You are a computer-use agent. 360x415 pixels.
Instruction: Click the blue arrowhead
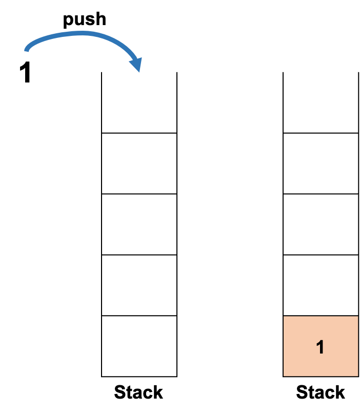coord(136,64)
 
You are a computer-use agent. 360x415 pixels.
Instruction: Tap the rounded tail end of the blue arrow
coord(27,50)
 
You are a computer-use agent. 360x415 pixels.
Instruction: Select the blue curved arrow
coord(82,34)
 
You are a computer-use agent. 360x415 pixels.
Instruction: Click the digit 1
coord(321,347)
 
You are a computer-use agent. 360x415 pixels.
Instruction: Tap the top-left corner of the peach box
coord(284,317)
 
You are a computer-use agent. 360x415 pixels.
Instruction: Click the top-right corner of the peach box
coord(357,317)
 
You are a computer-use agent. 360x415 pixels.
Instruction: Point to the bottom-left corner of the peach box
coord(284,376)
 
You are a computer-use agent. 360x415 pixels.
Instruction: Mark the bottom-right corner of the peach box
coord(357,376)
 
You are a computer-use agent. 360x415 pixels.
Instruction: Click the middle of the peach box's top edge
coord(321,317)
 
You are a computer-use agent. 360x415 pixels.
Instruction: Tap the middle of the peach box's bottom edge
coord(321,376)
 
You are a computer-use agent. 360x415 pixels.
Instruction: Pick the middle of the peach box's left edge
coord(284,346)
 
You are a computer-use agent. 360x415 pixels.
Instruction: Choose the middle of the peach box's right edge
coord(357,346)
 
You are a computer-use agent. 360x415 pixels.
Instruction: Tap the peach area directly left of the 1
coord(300,347)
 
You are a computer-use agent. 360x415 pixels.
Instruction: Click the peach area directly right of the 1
coord(341,347)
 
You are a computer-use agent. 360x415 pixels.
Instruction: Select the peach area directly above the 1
coord(321,328)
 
